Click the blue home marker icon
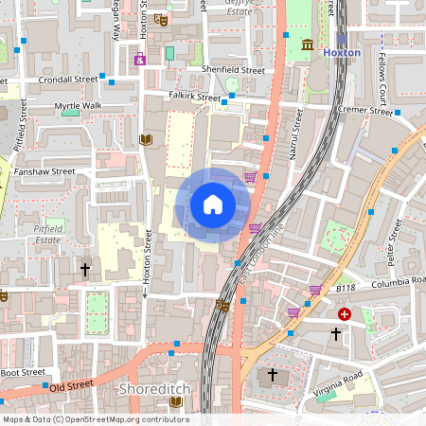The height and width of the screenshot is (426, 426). [x=213, y=204]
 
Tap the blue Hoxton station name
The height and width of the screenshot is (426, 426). [x=342, y=53]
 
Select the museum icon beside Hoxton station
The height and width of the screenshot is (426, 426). [x=309, y=45]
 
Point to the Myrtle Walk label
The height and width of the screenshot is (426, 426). [x=78, y=106]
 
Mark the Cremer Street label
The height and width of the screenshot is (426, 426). [x=365, y=111]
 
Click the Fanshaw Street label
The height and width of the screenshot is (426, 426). [x=44, y=172]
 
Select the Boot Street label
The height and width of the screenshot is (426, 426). [x=23, y=372]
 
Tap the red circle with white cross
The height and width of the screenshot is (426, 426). [x=345, y=313]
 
